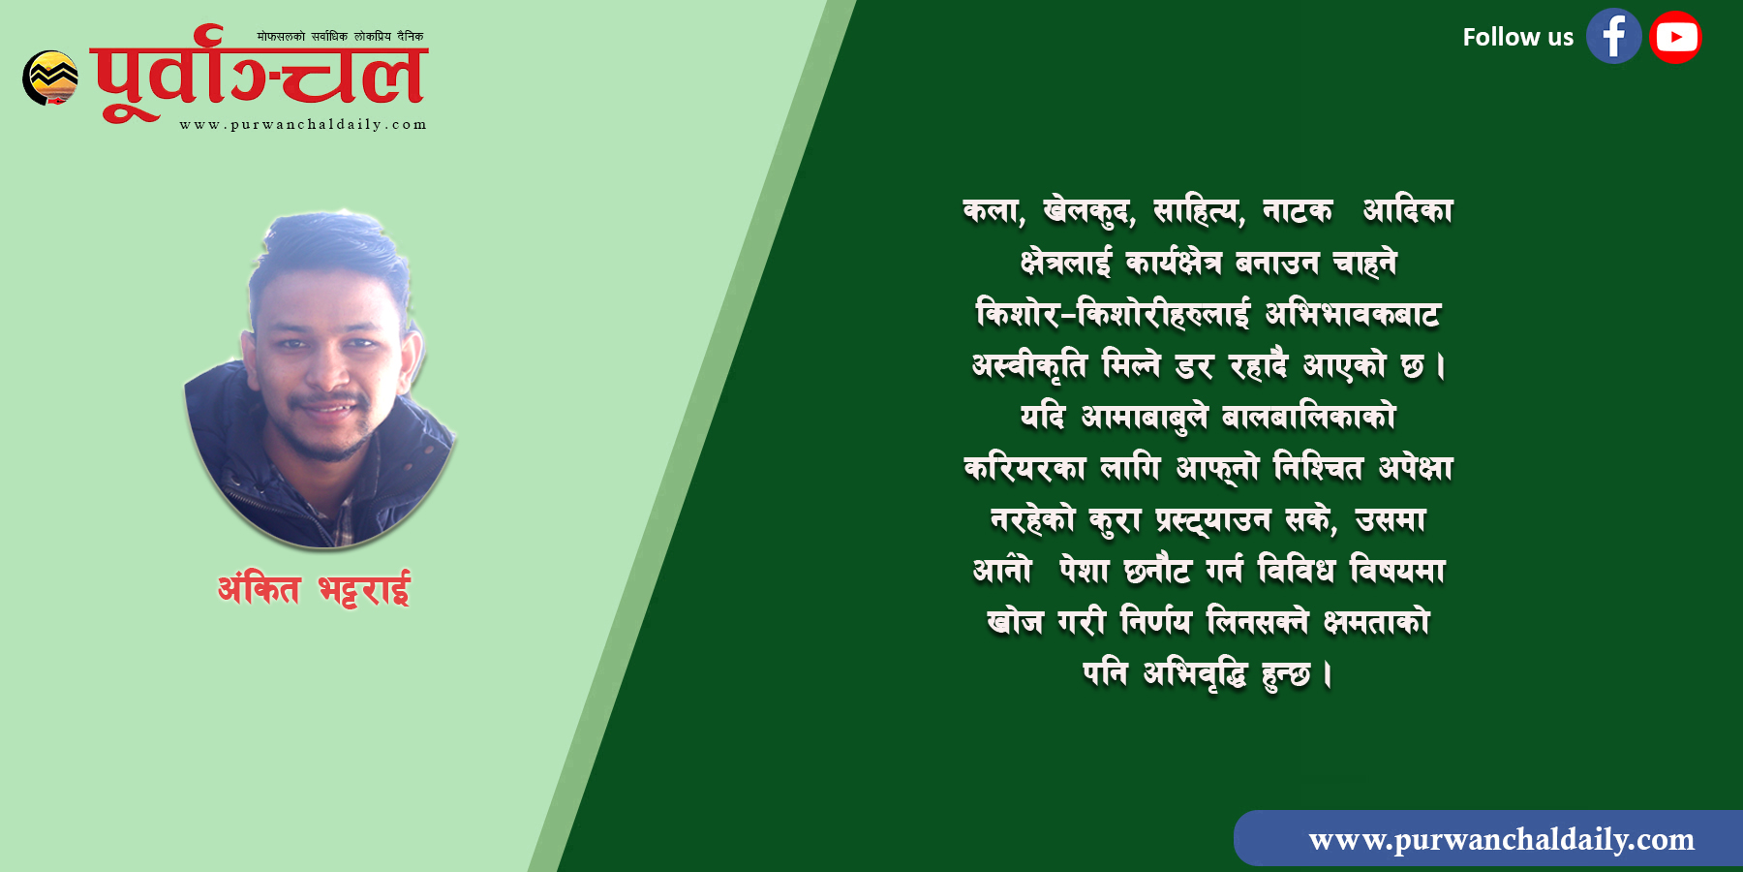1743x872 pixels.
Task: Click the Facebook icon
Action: [x=1613, y=37]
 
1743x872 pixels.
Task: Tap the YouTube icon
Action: [x=1676, y=37]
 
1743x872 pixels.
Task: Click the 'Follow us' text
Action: [x=1517, y=37]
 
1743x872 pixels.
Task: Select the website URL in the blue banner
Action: [x=1501, y=839]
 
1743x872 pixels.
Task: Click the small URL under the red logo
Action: [x=303, y=124]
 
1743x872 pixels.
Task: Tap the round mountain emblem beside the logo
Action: [x=50, y=78]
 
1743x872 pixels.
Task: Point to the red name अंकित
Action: [x=259, y=588]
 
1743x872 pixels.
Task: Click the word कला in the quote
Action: [x=994, y=211]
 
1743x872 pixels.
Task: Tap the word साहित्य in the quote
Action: [x=1199, y=211]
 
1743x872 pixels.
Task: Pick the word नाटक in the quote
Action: [x=1298, y=211]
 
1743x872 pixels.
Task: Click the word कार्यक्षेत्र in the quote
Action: [x=1173, y=263]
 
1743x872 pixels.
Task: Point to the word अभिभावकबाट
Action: [x=1353, y=314]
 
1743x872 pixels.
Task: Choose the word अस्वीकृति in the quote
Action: [x=1029, y=366]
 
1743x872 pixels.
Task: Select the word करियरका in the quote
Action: [x=1024, y=468]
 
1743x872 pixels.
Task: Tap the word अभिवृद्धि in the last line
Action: [x=1195, y=673]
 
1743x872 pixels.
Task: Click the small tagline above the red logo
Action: [x=340, y=36]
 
